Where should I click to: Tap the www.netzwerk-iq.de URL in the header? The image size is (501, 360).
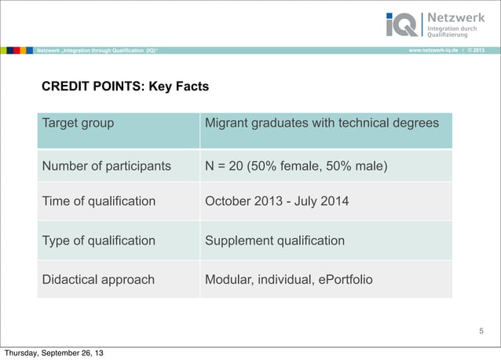(433, 50)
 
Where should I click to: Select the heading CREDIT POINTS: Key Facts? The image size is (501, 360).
(125, 86)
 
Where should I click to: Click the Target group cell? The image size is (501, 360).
(78, 123)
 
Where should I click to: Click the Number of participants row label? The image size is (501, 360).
(106, 166)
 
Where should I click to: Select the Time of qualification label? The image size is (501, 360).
(99, 201)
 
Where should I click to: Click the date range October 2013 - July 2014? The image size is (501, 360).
(276, 201)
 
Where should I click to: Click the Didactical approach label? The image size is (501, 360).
(98, 279)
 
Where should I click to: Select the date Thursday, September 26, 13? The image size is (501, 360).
(52, 353)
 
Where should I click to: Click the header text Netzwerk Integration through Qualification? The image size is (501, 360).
(97, 50)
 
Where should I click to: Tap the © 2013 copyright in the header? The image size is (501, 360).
(481, 50)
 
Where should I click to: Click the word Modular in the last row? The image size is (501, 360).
(227, 279)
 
